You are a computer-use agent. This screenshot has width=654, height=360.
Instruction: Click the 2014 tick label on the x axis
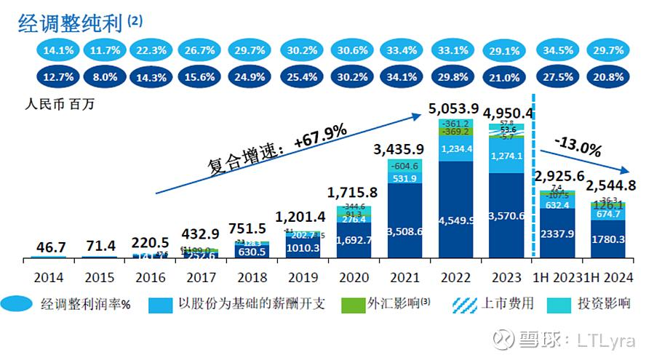(48, 277)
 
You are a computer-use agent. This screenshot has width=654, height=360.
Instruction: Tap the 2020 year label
(354, 277)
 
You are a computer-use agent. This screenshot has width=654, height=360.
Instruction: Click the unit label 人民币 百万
(61, 103)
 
